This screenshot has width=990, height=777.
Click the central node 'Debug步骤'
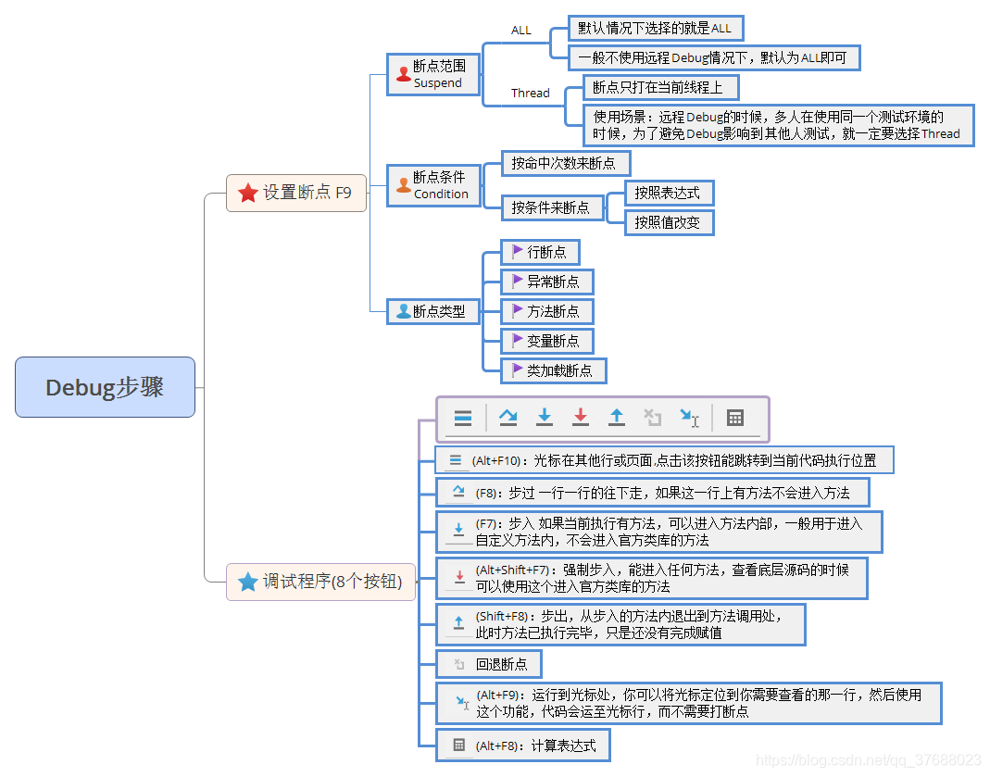pyautogui.click(x=105, y=387)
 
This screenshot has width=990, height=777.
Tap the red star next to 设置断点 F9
pyautogui.click(x=247, y=193)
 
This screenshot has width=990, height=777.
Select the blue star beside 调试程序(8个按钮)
pyautogui.click(x=247, y=582)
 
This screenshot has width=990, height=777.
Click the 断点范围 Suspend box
pyautogui.click(x=433, y=74)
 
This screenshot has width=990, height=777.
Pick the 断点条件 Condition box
pyautogui.click(x=433, y=184)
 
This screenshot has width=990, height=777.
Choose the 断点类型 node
pyautogui.click(x=432, y=311)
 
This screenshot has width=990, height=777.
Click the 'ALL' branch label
pyautogui.click(x=521, y=31)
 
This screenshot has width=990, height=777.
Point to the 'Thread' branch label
pyautogui.click(x=531, y=93)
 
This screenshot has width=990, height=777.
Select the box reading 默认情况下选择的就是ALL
pyautogui.click(x=655, y=29)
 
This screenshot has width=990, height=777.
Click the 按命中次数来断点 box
pyautogui.click(x=564, y=163)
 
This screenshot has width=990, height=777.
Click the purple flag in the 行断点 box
pyautogui.click(x=518, y=251)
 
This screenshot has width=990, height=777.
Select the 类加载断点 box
pyautogui.click(x=554, y=370)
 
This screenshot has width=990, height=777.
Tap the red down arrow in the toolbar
pyautogui.click(x=581, y=418)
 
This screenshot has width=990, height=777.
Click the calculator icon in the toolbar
pyautogui.click(x=735, y=418)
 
